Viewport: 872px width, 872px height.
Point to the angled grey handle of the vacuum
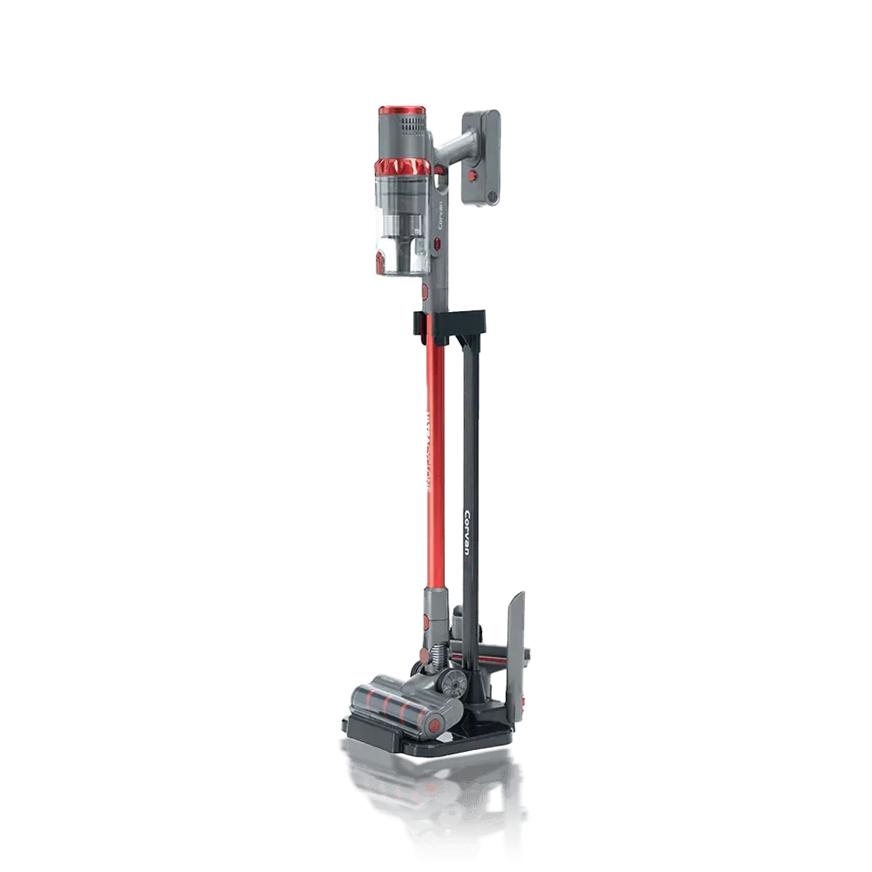454,144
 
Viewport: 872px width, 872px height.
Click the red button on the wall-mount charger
473,175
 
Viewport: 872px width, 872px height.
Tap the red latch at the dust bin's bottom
380,261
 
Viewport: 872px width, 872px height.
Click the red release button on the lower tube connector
426,621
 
